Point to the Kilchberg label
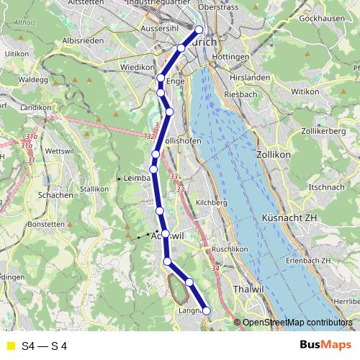pyautogui.click(x=212, y=203)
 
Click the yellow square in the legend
pyautogui.click(x=10, y=346)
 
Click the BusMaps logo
pyautogui.click(x=325, y=346)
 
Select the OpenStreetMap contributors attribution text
pyautogui.click(x=297, y=323)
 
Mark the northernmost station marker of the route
pyautogui.click(x=199, y=30)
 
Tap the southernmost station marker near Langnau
pyautogui.click(x=207, y=310)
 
